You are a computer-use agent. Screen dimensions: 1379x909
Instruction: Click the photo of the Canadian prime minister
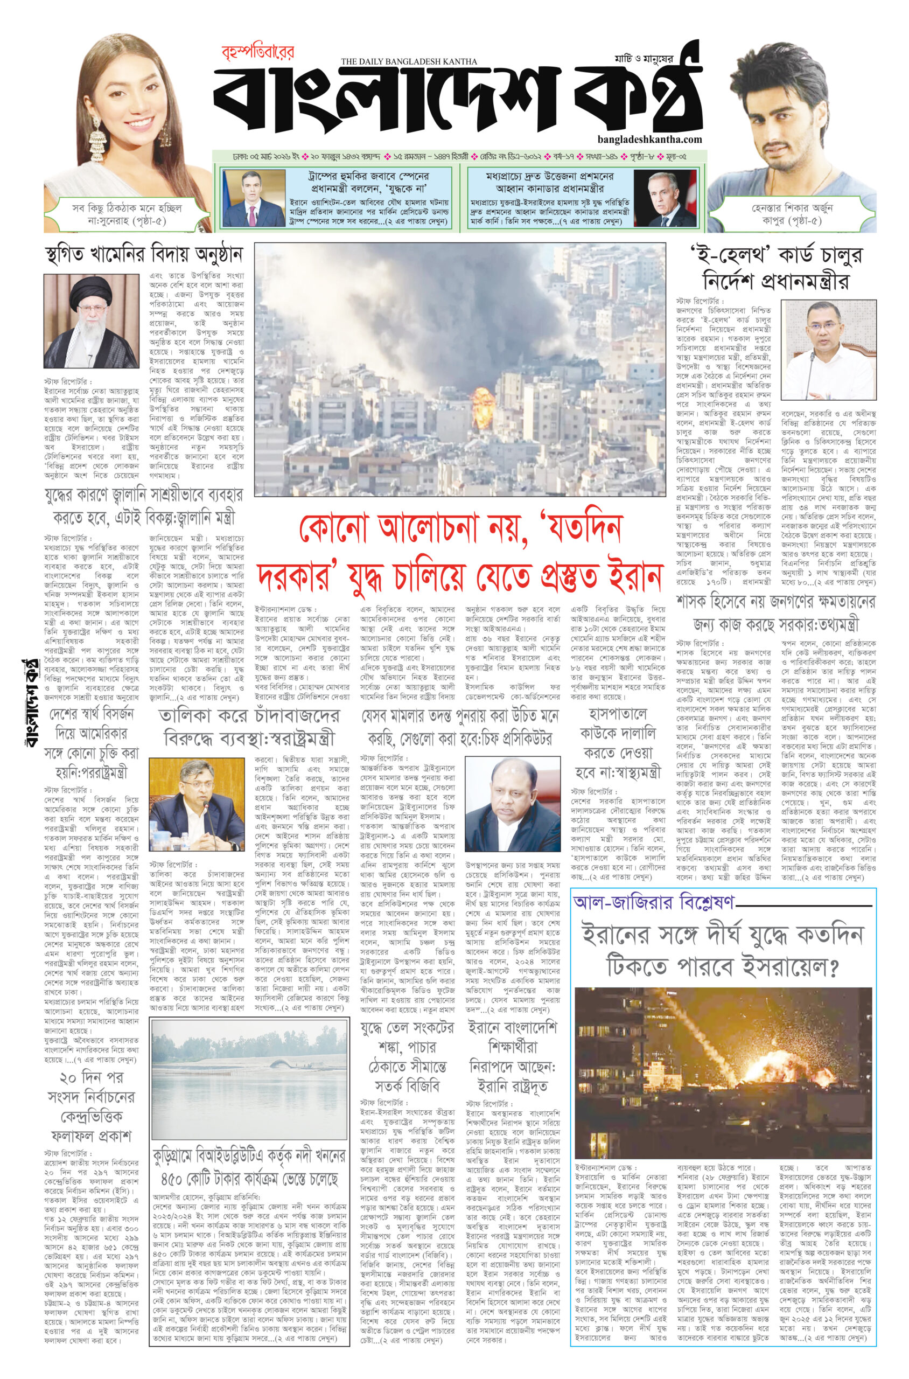(665, 199)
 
